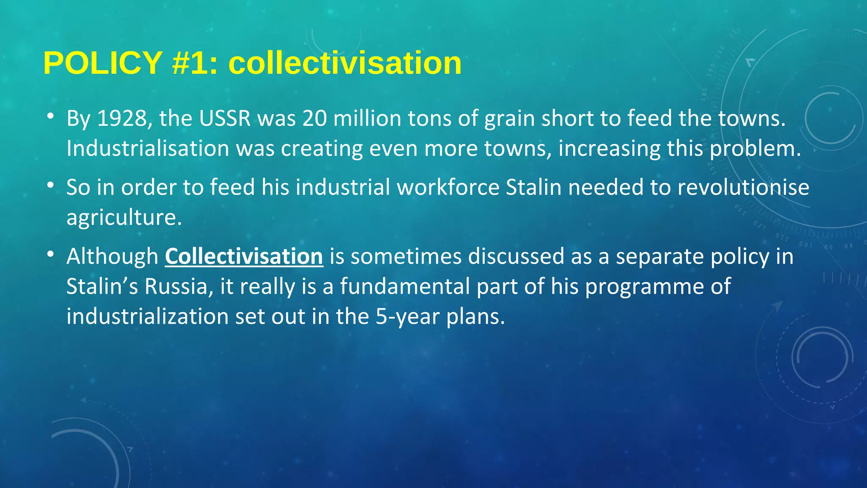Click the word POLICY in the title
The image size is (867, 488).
(x=103, y=63)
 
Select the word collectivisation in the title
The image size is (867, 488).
(x=345, y=63)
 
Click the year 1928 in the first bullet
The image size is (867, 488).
(x=122, y=118)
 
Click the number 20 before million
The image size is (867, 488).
(x=315, y=118)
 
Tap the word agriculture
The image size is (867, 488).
(x=124, y=218)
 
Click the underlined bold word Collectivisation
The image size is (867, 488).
(x=244, y=256)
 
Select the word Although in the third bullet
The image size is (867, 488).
(x=112, y=257)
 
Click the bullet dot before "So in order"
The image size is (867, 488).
(x=50, y=185)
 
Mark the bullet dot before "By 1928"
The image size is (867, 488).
(x=50, y=116)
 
